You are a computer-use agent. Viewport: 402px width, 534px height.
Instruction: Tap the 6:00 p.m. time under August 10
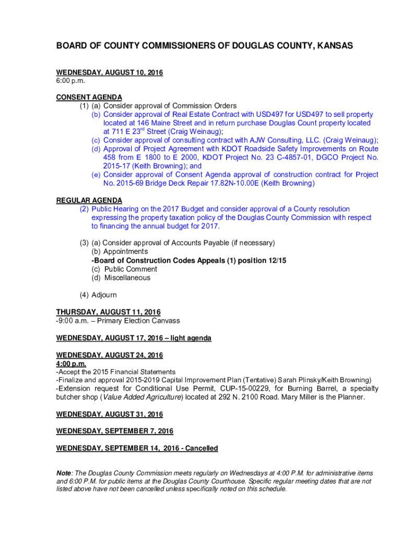tap(70, 81)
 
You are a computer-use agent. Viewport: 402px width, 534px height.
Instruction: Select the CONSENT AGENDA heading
tap(89, 97)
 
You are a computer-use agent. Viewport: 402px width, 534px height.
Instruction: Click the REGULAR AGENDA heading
tap(89, 200)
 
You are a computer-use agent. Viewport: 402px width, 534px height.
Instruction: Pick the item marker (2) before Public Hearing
tap(84, 209)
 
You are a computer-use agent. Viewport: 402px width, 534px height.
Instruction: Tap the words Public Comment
tap(131, 269)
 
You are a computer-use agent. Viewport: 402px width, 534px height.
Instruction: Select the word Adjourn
tap(104, 295)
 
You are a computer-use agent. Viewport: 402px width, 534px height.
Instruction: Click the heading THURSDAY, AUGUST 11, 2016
tap(109, 312)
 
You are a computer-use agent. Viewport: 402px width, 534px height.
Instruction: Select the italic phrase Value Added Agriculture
tap(142, 397)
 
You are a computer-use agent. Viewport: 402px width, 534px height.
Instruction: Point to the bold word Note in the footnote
tap(64, 474)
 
